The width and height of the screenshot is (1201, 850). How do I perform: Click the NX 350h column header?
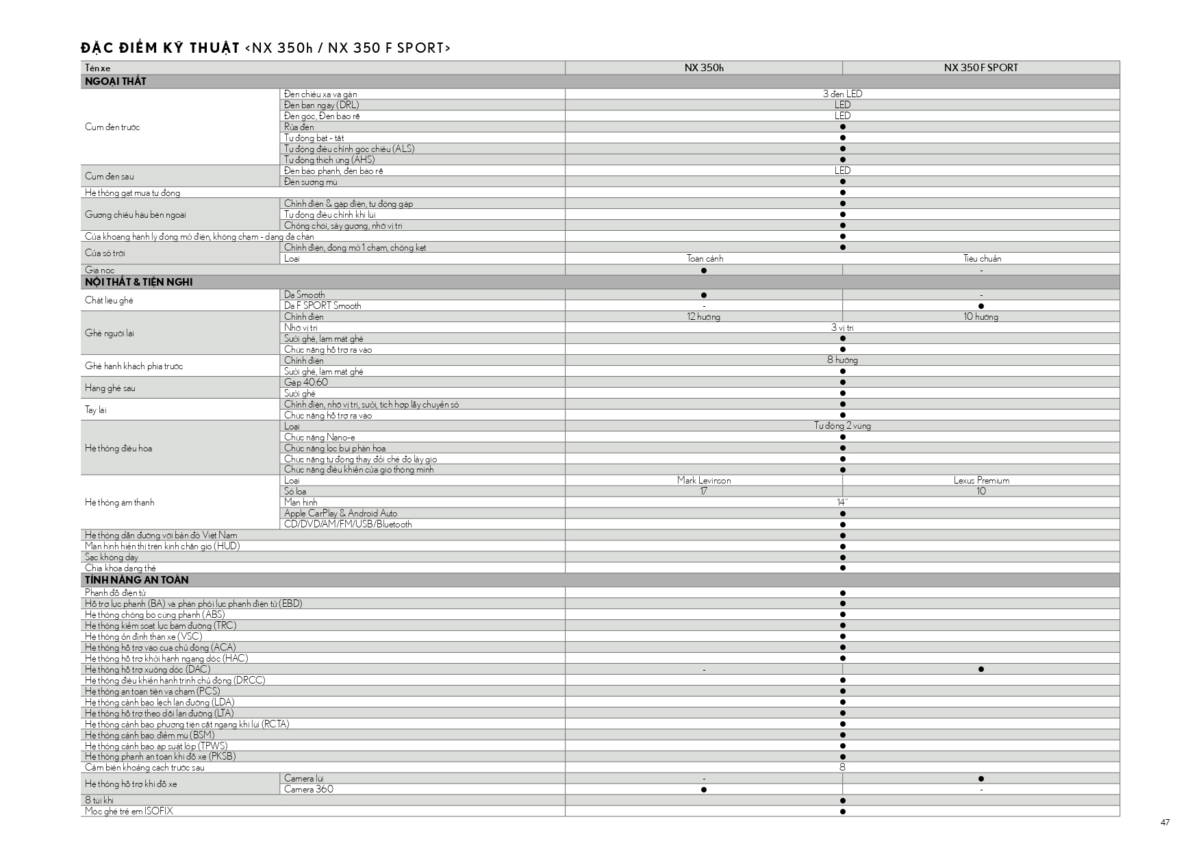point(703,68)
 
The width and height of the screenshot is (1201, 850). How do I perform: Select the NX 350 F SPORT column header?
point(981,68)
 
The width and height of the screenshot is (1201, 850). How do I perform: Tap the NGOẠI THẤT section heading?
point(116,82)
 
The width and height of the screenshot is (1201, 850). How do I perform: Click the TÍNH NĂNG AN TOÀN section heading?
point(136,580)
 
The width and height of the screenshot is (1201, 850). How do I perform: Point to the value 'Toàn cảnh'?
point(705,259)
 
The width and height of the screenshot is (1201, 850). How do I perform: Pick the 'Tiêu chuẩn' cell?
point(982,259)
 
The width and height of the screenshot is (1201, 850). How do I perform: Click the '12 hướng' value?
point(703,317)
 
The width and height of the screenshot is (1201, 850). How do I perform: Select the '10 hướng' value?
point(981,317)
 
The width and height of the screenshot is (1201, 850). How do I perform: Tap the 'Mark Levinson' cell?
point(704,481)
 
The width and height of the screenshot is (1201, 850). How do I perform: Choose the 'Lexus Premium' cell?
point(981,481)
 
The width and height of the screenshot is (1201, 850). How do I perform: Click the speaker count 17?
point(703,492)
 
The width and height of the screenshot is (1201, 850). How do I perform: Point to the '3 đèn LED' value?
point(842,94)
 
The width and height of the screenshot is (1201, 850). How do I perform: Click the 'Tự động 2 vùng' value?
point(842,426)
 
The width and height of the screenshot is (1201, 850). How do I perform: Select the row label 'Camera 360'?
point(309,790)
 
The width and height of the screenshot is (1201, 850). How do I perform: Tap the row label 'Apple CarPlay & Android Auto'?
point(340,514)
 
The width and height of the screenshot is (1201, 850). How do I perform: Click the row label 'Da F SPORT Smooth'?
point(323,306)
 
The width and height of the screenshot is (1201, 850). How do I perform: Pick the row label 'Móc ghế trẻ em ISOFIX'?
point(129,812)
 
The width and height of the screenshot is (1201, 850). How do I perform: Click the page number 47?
point(1165,823)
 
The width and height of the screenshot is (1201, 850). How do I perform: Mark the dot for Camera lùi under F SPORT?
point(981,779)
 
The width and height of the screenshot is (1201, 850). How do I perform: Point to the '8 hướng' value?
point(842,360)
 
